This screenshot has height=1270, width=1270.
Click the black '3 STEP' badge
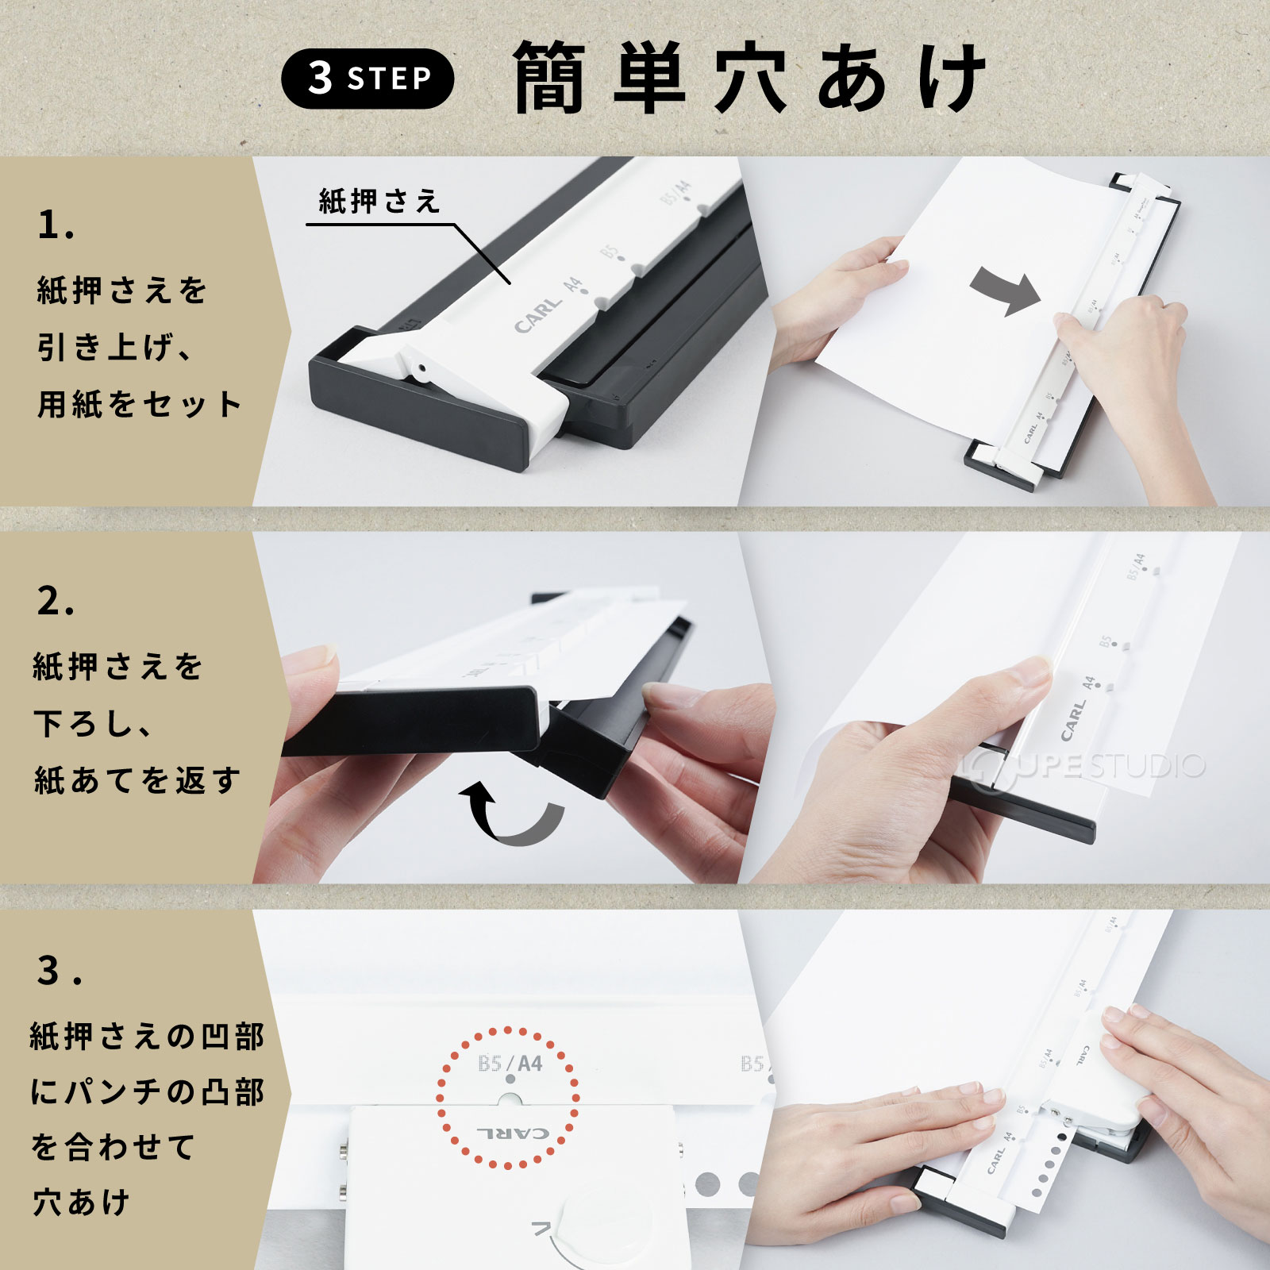pos(368,79)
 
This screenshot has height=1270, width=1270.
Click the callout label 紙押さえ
pos(379,202)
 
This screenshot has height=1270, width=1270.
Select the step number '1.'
pos(56,225)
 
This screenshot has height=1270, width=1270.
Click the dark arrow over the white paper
pos(1005,291)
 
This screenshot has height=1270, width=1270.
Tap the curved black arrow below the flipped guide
pos(512,814)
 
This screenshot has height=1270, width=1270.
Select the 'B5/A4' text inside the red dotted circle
pos(510,1063)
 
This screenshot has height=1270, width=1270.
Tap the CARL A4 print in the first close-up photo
pos(548,306)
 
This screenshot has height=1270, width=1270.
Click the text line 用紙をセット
pos(139,404)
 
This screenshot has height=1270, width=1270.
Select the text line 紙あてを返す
pos(137,780)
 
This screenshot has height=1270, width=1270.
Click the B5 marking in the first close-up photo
pos(610,252)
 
